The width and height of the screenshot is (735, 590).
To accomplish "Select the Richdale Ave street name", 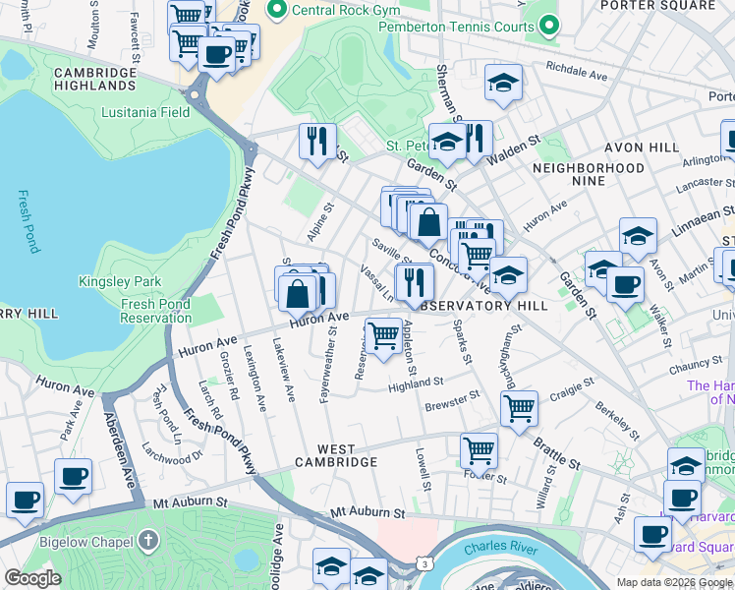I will (x=577, y=72).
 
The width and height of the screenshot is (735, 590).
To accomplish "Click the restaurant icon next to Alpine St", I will (x=317, y=141).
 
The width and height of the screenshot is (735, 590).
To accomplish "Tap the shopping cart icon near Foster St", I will (x=479, y=450).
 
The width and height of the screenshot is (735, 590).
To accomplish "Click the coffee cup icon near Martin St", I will (x=624, y=285).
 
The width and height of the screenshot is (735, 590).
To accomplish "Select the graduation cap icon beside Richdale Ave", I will (x=503, y=83).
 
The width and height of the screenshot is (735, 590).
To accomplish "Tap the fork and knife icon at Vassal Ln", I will (x=415, y=282).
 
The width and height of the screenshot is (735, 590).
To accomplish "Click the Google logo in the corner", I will (x=32, y=578).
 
